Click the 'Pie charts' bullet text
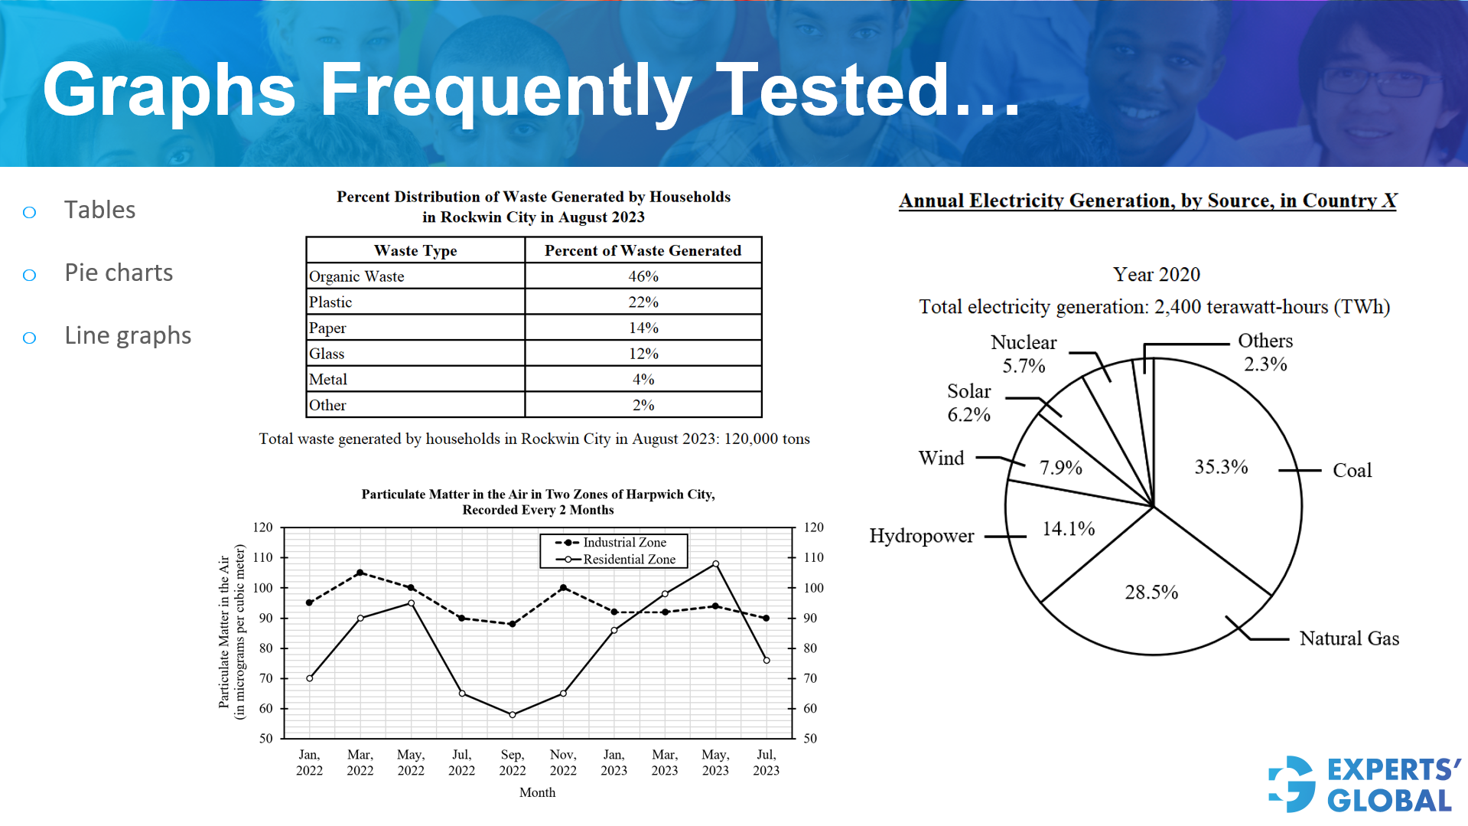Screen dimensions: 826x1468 [119, 273]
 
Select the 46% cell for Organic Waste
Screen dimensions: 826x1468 [643, 276]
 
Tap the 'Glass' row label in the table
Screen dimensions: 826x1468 [327, 354]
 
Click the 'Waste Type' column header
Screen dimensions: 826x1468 [415, 250]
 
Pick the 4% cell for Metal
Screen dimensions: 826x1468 [643, 380]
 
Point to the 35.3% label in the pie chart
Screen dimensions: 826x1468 [1221, 467]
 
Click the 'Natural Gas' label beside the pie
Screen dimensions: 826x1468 [1349, 638]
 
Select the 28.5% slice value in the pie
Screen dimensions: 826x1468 [1151, 592]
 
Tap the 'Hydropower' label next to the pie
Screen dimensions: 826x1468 [921, 536]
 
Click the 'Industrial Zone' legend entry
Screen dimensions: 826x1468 [623, 542]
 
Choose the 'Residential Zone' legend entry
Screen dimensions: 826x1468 [628, 560]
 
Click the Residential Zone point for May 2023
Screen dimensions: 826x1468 [715, 564]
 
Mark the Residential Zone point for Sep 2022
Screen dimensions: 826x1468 [513, 715]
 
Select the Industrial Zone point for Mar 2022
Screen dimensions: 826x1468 [360, 573]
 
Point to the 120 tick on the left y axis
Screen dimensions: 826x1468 [262, 527]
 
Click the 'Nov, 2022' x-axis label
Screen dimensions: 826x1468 [563, 762]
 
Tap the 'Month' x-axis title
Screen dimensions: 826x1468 [537, 792]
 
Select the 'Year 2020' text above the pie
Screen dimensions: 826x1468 [1156, 274]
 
